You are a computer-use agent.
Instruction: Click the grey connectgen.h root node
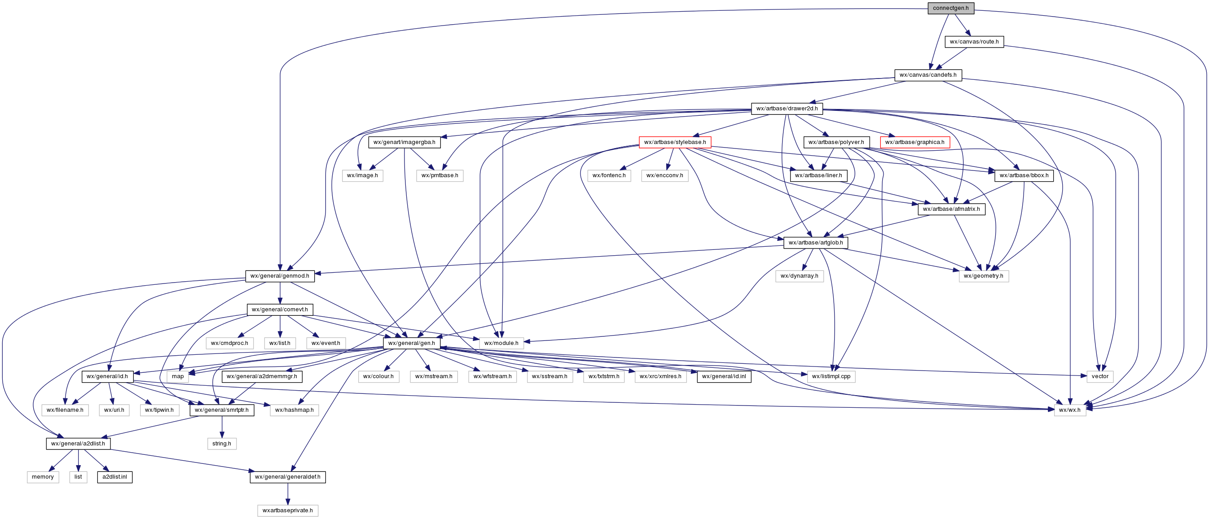[951, 8]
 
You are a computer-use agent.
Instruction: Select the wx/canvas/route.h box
[974, 42]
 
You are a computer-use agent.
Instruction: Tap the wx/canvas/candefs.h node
[928, 75]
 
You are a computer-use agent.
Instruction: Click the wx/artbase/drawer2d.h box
[787, 109]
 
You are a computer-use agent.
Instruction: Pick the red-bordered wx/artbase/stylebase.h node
[675, 142]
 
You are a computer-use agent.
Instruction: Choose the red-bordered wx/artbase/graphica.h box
[915, 142]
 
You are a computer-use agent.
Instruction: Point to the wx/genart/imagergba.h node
[404, 142]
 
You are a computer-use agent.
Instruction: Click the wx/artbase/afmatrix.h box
[951, 209]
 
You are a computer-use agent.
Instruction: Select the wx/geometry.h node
[983, 276]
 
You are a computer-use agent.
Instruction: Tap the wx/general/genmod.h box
[280, 276]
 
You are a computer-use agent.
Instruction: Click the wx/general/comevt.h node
[280, 310]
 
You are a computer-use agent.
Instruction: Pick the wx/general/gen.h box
[411, 343]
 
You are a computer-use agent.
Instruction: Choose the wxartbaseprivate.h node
[288, 510]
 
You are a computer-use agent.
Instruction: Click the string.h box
[222, 444]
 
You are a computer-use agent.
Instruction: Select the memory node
[43, 477]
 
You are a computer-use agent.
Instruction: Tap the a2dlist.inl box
[114, 477]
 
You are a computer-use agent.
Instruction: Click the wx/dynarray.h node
[799, 276]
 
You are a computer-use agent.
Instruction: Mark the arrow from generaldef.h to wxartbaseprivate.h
[288, 494]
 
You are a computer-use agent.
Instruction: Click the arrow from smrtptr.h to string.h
[222, 427]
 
